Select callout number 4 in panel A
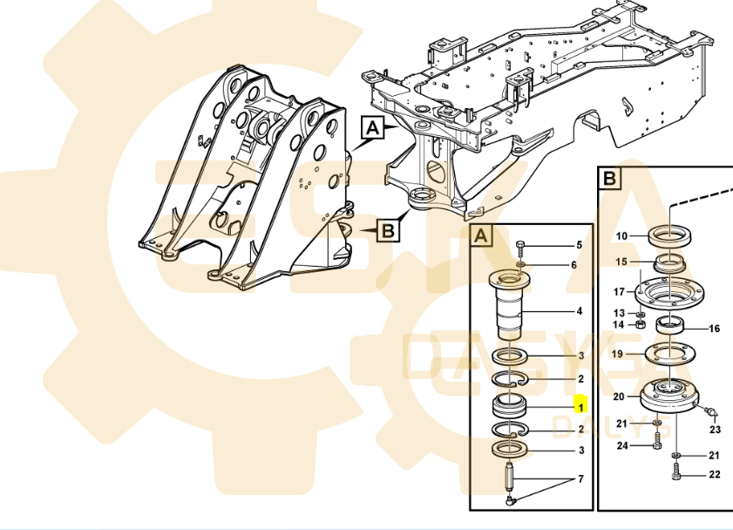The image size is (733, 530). (579, 311)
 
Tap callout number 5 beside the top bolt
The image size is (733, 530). (578, 246)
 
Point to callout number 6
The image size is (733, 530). (574, 265)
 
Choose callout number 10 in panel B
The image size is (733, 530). (621, 236)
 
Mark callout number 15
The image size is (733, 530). (622, 262)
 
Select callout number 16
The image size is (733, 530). (714, 329)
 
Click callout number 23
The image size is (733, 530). (715, 430)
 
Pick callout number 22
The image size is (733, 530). (715, 474)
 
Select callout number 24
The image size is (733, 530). (622, 446)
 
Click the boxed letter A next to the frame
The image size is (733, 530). (372, 128)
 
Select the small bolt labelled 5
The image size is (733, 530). (520, 246)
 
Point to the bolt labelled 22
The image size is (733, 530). (676, 474)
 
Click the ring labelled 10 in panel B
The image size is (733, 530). (670, 235)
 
